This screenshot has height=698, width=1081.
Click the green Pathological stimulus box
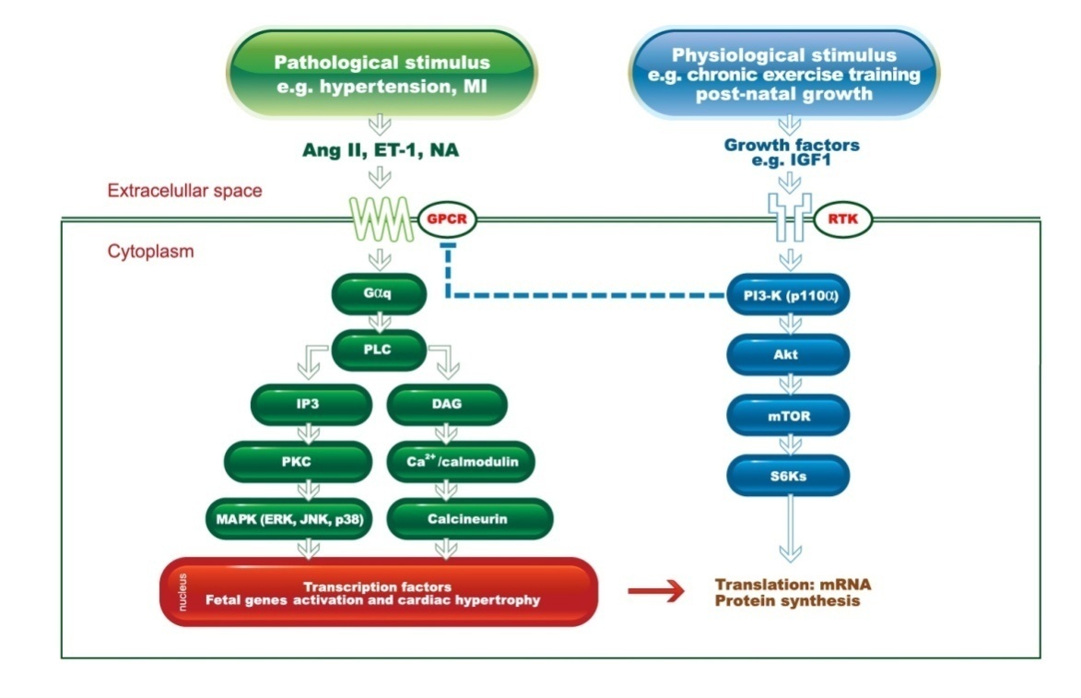[382, 75]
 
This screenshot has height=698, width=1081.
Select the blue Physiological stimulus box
[783, 75]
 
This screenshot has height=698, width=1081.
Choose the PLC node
[380, 349]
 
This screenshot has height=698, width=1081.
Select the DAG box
[446, 405]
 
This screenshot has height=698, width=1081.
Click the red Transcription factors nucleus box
[379, 592]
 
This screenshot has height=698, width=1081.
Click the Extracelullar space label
[185, 192]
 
